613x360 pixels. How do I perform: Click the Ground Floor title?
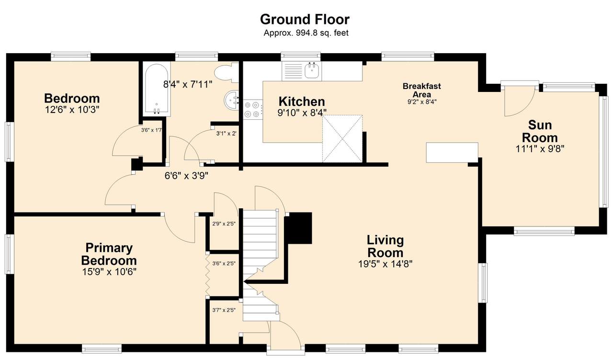pyautogui.click(x=305, y=20)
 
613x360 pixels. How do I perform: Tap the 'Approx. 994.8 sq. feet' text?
pyautogui.click(x=306, y=33)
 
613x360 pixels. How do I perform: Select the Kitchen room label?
pyautogui.click(x=302, y=101)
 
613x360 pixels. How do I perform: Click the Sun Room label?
pyautogui.click(x=540, y=131)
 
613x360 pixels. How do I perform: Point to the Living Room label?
pyautogui.click(x=386, y=247)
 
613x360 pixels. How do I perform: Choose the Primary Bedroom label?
pyautogui.click(x=109, y=254)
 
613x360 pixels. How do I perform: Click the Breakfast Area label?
pyautogui.click(x=422, y=90)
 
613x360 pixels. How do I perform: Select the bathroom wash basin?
pyautogui.click(x=231, y=100)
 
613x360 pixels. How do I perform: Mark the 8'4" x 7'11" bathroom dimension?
pyautogui.click(x=188, y=84)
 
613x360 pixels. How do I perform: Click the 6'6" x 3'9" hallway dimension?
pyautogui.click(x=186, y=176)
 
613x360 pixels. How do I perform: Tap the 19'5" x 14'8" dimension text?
pyautogui.click(x=386, y=264)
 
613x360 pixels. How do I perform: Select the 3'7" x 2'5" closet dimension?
pyautogui.click(x=224, y=310)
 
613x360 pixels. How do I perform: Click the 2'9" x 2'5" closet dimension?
pyautogui.click(x=224, y=224)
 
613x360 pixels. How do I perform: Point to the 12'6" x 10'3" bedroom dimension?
pyautogui.click(x=72, y=110)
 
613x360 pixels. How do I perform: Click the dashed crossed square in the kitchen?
pyautogui.click(x=342, y=139)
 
